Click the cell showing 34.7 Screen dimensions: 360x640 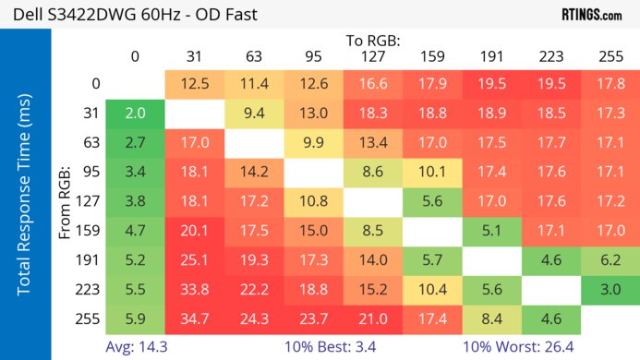pyautogui.click(x=194, y=319)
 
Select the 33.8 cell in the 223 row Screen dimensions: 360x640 pyautogui.click(x=194, y=290)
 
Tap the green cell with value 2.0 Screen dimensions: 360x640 pyautogui.click(x=135, y=114)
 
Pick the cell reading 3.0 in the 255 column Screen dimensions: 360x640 pyautogui.click(x=610, y=290)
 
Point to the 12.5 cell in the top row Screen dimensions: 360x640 pyautogui.click(x=194, y=84)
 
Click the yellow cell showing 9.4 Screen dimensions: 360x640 pyautogui.click(x=253, y=114)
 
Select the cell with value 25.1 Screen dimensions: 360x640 pyautogui.click(x=194, y=260)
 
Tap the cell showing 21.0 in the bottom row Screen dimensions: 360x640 pyautogui.click(x=372, y=319)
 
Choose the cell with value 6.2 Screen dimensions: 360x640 pyautogui.click(x=610, y=260)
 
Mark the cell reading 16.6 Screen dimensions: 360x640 pyautogui.click(x=372, y=84)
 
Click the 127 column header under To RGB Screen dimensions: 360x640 pyautogui.click(x=372, y=57)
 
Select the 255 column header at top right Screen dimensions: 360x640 pyautogui.click(x=610, y=57)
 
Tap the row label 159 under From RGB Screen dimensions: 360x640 pyautogui.click(x=91, y=231)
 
